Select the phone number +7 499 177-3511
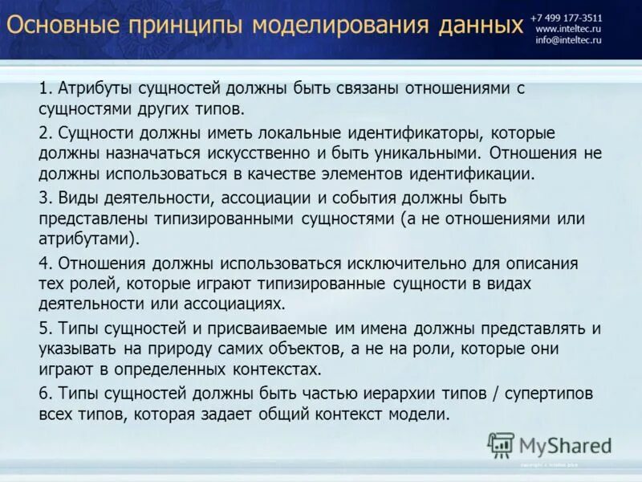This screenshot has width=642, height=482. [565, 16]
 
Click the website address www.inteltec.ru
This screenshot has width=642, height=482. [569, 28]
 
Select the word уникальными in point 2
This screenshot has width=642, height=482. [414, 153]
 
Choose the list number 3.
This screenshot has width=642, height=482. [43, 198]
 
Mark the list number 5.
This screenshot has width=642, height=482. [43, 329]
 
